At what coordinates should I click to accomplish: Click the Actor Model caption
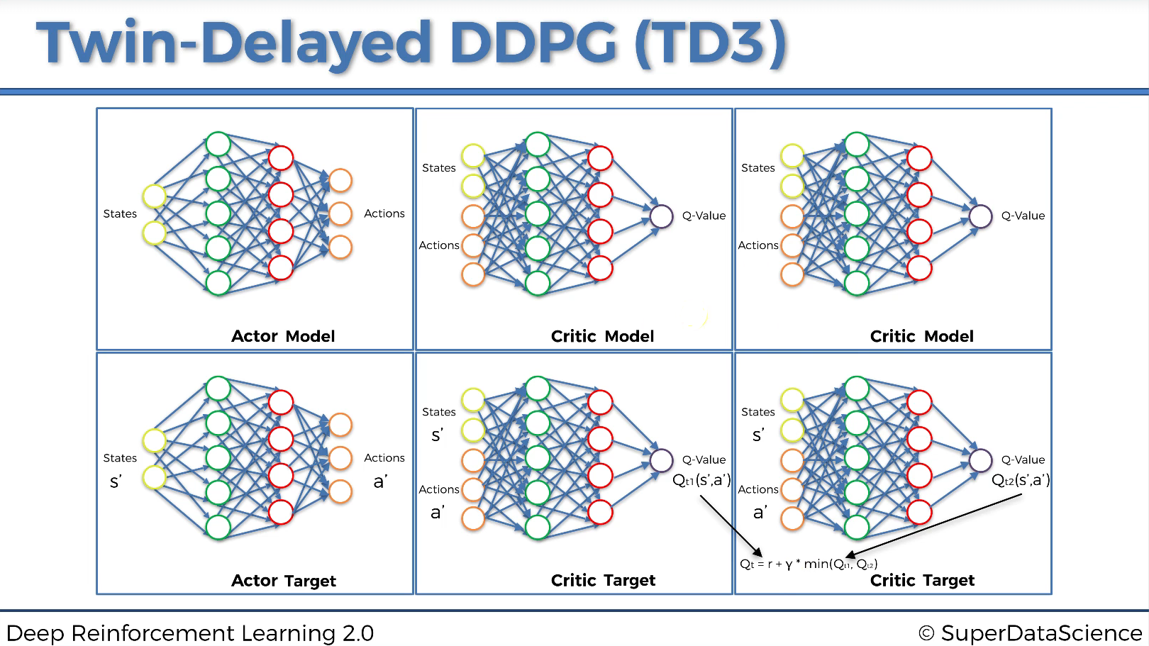click(283, 336)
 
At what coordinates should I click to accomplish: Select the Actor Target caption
click(284, 581)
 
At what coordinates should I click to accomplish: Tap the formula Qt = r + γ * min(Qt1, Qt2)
click(809, 564)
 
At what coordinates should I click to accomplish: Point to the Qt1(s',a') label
click(701, 481)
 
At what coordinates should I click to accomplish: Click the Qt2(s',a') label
click(1021, 481)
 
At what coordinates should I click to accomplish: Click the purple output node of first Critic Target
click(661, 460)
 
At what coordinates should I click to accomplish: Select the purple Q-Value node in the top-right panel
click(980, 216)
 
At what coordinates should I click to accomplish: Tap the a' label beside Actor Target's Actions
click(381, 482)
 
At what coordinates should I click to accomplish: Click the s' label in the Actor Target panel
click(116, 482)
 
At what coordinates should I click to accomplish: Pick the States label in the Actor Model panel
click(120, 213)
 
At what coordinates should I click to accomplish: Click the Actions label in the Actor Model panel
click(384, 213)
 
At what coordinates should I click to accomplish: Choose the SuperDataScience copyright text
click(1030, 633)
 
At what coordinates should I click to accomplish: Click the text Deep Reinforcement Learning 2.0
click(189, 633)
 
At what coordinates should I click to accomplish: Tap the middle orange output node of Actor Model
click(340, 213)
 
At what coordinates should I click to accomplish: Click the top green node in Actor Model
click(218, 144)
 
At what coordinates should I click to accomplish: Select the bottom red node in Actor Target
click(281, 512)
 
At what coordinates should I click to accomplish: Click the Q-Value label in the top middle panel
click(704, 216)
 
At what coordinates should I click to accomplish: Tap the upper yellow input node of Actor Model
click(154, 196)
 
